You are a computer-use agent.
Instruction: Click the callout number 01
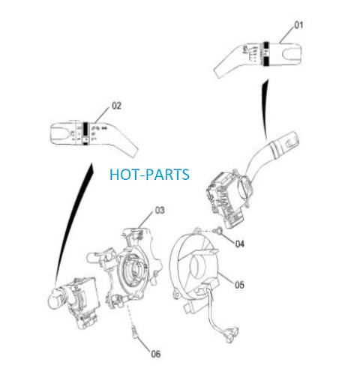click(x=298, y=25)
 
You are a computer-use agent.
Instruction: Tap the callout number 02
click(x=116, y=106)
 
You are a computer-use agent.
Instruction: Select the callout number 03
click(x=160, y=210)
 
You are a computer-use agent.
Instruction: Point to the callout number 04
click(x=240, y=244)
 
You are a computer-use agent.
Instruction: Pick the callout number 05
click(x=239, y=285)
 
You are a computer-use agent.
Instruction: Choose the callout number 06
click(x=155, y=354)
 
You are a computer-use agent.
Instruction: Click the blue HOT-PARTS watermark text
click(x=149, y=175)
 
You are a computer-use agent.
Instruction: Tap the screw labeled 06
click(x=135, y=333)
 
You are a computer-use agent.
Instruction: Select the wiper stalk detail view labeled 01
click(x=258, y=58)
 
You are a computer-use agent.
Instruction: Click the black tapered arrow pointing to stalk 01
click(x=265, y=109)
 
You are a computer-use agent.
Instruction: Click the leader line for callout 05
click(x=226, y=278)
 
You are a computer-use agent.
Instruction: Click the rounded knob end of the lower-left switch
click(x=55, y=299)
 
